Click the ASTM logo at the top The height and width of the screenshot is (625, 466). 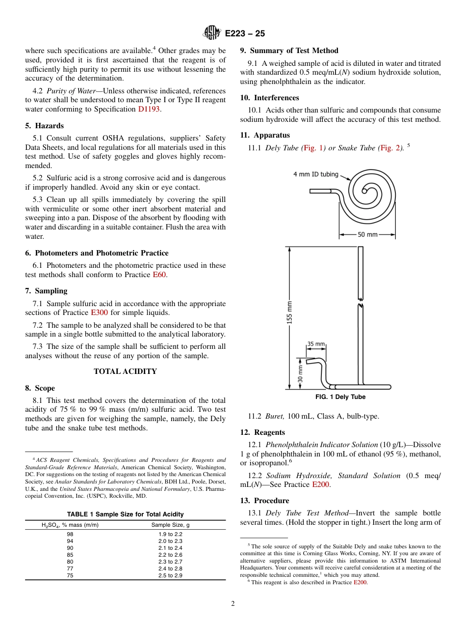pos(212,33)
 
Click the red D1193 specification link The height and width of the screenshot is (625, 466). pos(149,109)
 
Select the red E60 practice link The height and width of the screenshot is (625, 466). pos(159,275)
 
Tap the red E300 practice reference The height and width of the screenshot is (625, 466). pos(99,312)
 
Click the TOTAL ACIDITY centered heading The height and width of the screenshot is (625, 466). pos(125,371)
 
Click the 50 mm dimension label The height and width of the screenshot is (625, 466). pos(367,234)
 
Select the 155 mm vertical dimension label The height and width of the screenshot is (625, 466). pos(290,312)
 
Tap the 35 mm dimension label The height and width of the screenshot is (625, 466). pos(316,344)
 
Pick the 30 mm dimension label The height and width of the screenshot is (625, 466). pos(300,373)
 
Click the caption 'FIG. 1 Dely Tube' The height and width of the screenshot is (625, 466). pos(340,397)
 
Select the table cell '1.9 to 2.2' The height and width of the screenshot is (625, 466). pos(170,534)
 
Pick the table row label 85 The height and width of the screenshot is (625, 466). pos(70,555)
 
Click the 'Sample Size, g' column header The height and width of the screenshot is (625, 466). pos(170,525)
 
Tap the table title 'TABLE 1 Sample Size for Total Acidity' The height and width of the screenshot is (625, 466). pos(125,514)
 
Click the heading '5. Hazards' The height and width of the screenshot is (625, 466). pos(44,126)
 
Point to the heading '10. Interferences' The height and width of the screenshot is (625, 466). pos(269,98)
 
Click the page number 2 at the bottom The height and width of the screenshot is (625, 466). pos(233,604)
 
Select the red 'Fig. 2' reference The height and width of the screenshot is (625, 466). pos(390,148)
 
